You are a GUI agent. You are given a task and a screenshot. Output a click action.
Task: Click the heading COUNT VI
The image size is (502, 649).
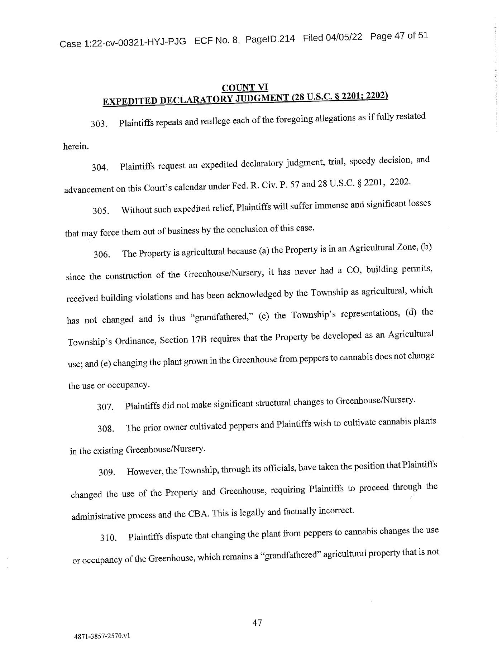pyautogui.click(x=245, y=87)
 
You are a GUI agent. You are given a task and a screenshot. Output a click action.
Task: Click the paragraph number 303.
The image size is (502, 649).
pyautogui.click(x=99, y=124)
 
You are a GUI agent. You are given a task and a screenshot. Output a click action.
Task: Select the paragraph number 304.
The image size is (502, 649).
pyautogui.click(x=100, y=167)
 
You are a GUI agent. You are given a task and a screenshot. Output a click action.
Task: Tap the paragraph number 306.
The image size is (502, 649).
pyautogui.click(x=101, y=255)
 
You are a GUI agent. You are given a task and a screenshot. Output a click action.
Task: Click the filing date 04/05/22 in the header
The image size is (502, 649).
pyautogui.click(x=344, y=37)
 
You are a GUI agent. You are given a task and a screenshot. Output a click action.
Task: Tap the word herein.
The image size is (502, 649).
pyautogui.click(x=76, y=146)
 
